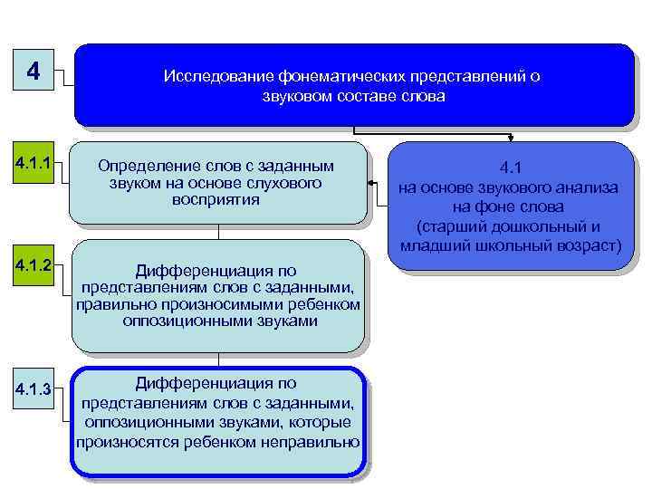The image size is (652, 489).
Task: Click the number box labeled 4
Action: click(34, 71)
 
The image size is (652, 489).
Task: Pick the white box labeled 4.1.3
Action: click(33, 390)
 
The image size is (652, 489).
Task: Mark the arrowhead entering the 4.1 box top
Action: click(512, 139)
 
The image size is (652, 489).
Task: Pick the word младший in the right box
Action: click(431, 245)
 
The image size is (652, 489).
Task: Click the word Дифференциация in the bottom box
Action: click(216, 383)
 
